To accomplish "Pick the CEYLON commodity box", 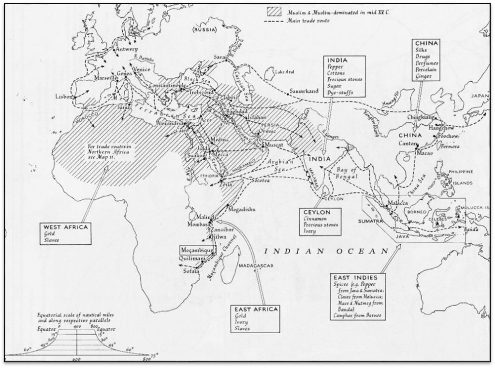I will pyautogui.click(x=320, y=221).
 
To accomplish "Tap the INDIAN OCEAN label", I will pyautogui.click(x=327, y=251).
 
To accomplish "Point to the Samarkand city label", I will pyautogui.click(x=304, y=91).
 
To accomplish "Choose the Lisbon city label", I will pyautogui.click(x=63, y=96).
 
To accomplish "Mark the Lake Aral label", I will pyautogui.click(x=284, y=73).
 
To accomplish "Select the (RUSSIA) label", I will pyautogui.click(x=205, y=30).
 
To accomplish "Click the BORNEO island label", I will pyautogui.click(x=415, y=212).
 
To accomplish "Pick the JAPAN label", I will pyautogui.click(x=480, y=96).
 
